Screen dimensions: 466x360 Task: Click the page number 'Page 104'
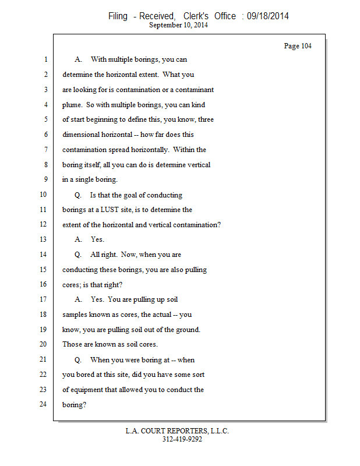point(298,46)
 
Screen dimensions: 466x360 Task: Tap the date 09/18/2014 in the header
point(267,16)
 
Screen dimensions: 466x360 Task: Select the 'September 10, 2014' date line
point(178,25)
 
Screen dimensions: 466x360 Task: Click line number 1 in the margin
point(45,59)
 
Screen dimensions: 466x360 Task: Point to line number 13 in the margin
point(43,239)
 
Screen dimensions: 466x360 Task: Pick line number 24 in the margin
point(43,404)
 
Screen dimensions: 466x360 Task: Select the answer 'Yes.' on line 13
point(97,239)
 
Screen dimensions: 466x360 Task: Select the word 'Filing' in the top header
point(118,16)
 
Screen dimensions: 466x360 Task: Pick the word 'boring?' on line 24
point(74,404)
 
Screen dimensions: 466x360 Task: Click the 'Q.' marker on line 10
point(78,195)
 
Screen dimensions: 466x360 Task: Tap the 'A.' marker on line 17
point(79,299)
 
